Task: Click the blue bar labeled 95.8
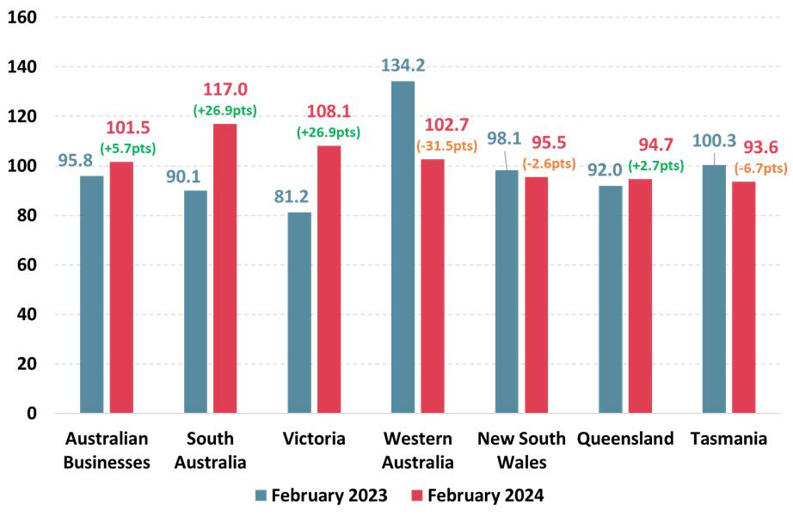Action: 92,294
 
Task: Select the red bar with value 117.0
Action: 224,268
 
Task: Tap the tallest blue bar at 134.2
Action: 403,247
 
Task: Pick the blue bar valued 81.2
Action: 299,312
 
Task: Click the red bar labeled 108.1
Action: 329,279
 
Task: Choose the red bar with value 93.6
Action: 744,297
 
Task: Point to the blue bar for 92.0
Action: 611,299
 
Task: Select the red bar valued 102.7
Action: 433,286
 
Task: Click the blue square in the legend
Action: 261,495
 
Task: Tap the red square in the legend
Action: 417,495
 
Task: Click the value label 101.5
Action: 127,128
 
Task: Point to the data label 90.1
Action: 183,176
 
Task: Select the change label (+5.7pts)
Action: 127,148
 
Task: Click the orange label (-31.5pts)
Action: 446,145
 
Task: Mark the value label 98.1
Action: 504,138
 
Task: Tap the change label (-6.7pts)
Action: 760,168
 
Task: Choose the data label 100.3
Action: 714,140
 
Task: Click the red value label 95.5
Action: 548,143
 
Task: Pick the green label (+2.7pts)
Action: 656,166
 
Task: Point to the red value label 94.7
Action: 656,145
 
